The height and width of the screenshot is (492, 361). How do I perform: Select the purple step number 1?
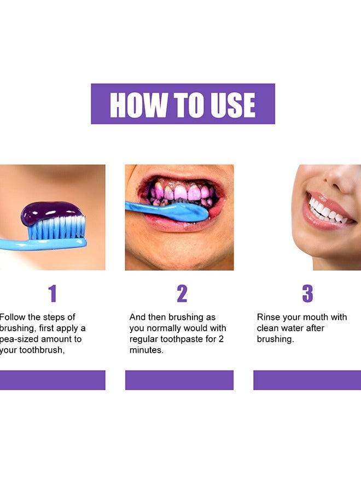point(53,294)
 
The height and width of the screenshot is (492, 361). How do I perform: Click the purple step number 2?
point(182,294)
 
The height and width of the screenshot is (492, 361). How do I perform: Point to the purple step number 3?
point(307,294)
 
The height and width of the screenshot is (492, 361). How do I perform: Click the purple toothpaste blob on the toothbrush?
point(52,212)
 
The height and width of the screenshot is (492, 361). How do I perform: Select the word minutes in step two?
point(147,350)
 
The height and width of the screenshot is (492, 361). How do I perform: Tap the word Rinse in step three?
point(269,317)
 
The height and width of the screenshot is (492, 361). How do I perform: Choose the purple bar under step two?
point(179,380)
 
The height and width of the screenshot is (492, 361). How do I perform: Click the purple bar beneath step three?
point(307,380)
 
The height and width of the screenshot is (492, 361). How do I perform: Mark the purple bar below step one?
point(53,380)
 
